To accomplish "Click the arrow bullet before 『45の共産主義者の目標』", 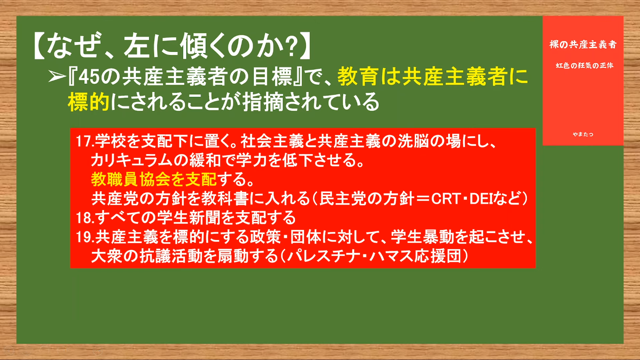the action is (57, 77).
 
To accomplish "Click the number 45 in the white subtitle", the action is (89, 77).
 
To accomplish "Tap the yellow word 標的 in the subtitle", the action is (89, 102).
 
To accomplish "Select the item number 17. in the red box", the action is (85, 141).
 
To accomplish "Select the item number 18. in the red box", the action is (85, 218).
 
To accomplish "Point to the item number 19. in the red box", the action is (85, 237).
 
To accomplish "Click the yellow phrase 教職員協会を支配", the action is (154, 179).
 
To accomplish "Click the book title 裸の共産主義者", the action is (583, 45).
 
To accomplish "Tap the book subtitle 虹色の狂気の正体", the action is (585, 66).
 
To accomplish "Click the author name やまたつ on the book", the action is (583, 134).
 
